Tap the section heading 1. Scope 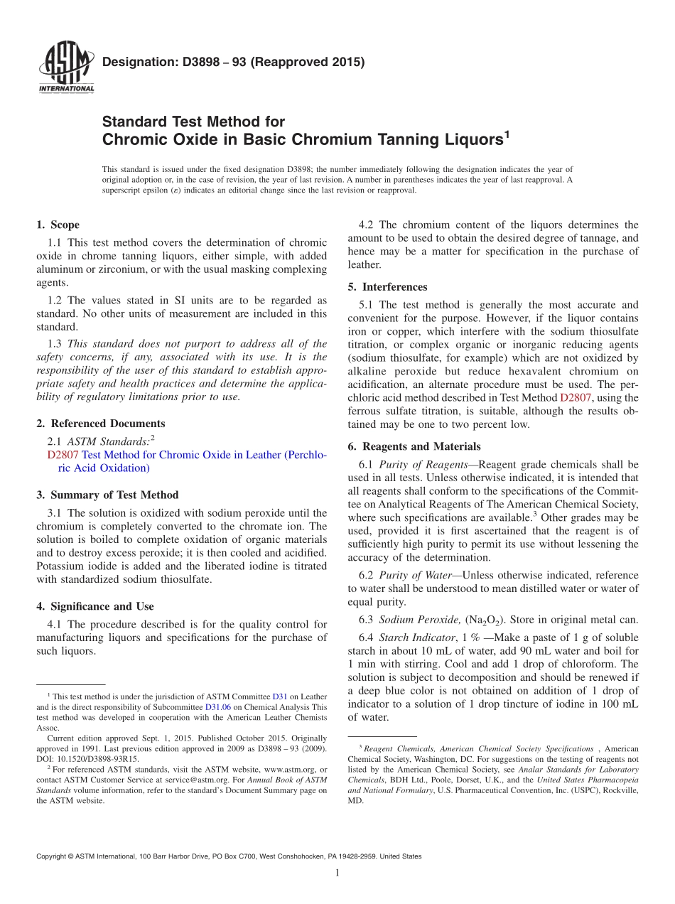[58, 225]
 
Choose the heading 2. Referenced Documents [101, 424]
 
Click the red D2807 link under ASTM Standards [63, 455]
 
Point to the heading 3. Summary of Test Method [107, 495]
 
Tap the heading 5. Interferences [387, 287]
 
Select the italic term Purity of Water [416, 575]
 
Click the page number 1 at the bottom [337, 873]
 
